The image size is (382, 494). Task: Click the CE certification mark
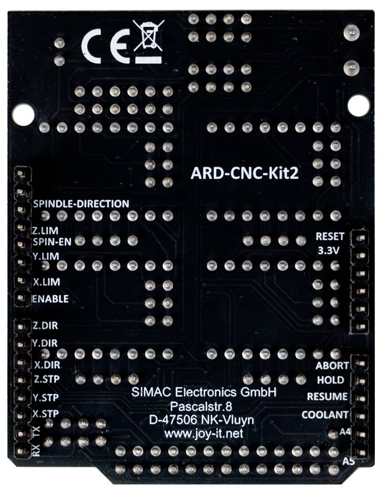coord(104,46)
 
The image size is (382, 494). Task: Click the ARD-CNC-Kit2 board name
coord(244,173)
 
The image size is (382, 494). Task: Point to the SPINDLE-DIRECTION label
coord(81,203)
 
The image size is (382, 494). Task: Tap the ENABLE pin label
coord(50,299)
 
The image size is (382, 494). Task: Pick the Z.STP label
coord(46,380)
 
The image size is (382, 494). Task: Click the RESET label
coord(330,236)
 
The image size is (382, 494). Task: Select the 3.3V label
coord(328,250)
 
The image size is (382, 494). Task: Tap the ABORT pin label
coord(332,366)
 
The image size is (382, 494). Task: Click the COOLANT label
coord(324,415)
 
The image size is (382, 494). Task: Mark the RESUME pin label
coord(327,396)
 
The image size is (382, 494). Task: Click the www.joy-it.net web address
coord(203,434)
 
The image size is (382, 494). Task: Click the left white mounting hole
coord(22,115)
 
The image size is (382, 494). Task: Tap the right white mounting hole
coord(358,105)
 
